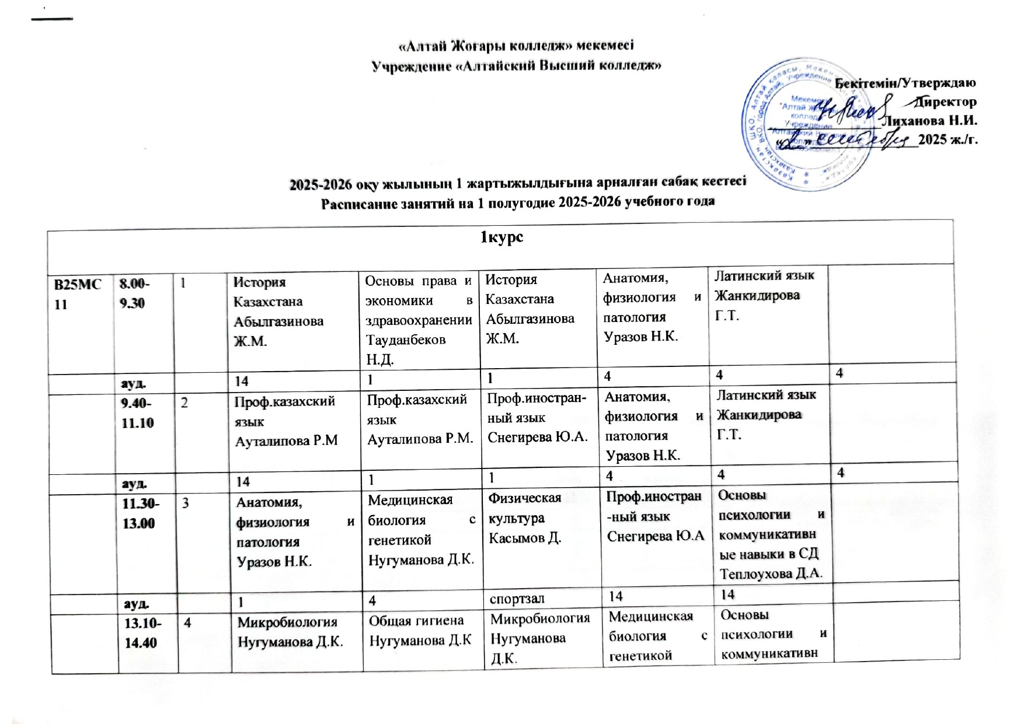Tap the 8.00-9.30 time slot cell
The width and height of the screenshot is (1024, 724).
coord(134,293)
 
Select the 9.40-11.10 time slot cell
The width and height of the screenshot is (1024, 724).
coord(138,412)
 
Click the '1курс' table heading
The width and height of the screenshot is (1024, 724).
coord(501,237)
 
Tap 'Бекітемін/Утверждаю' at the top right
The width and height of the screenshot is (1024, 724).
coord(906,83)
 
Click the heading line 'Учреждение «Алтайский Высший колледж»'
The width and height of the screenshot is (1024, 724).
coord(517,65)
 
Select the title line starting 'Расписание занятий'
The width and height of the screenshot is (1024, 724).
coord(518,202)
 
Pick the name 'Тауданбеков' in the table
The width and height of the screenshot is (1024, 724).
coord(405,339)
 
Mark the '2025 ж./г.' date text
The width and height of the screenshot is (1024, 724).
coord(948,139)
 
